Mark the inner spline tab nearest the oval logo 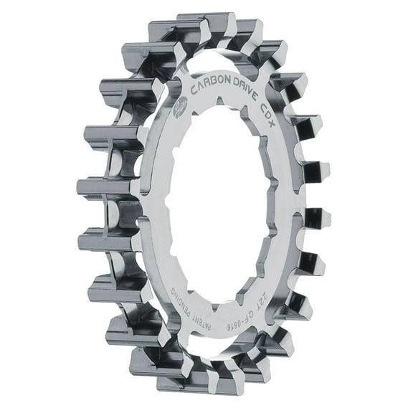pyautogui.click(x=188, y=136)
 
